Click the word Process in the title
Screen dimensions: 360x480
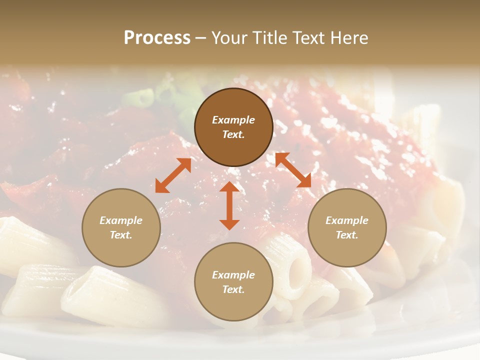pyautogui.click(x=157, y=38)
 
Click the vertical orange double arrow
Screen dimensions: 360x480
pyautogui.click(x=229, y=205)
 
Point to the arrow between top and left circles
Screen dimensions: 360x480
pyautogui.click(x=173, y=175)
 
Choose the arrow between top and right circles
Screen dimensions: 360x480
pyautogui.click(x=293, y=170)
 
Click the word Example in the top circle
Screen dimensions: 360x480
pyautogui.click(x=233, y=120)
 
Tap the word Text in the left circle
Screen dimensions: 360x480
pyautogui.click(x=121, y=235)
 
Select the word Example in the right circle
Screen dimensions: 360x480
pyautogui.click(x=347, y=220)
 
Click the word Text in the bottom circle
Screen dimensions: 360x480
pyautogui.click(x=233, y=289)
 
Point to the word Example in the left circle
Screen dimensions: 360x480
pyautogui.click(x=121, y=220)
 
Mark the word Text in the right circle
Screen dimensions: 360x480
pyautogui.click(x=347, y=235)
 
